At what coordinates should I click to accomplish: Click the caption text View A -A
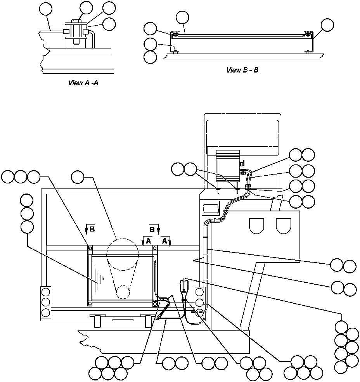[x=83, y=83]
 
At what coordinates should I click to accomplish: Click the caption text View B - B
[x=242, y=70]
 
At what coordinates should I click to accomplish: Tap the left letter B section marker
[x=92, y=229]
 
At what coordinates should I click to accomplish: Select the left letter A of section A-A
[x=148, y=241]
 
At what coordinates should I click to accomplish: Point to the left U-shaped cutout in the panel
[x=256, y=225]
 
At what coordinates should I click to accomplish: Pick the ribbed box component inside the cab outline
[x=228, y=166]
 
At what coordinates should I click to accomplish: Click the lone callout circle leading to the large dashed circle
[x=78, y=177]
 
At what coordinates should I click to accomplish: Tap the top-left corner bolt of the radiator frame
[x=90, y=248]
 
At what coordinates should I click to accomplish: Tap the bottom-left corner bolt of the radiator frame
[x=90, y=303]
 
